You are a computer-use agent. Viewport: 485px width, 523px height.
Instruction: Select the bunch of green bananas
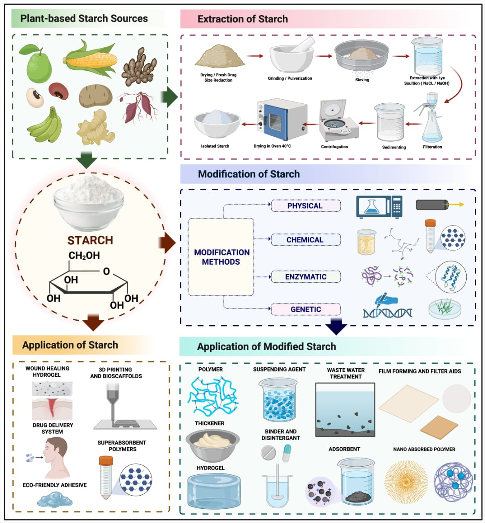pos(46,125)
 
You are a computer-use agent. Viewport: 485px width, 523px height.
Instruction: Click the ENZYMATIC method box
pos(306,277)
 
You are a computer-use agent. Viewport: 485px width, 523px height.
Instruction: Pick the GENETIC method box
pos(306,309)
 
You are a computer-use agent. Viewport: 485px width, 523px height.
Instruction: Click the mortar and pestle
pos(292,57)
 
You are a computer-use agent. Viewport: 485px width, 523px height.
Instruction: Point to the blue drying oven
pos(282,120)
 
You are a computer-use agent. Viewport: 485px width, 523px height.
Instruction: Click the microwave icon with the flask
pos(379,207)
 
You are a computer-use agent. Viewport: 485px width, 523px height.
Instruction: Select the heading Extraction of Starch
pos(242,19)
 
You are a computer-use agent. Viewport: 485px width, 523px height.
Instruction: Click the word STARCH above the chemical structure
pos(90,240)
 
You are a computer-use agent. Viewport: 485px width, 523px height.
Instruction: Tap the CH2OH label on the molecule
pos(84,256)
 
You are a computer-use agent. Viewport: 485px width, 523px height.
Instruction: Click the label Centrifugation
pos(334,147)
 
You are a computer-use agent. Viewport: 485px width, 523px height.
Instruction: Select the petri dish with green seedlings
pos(446,308)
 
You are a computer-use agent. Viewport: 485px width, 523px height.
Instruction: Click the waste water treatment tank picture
pos(345,409)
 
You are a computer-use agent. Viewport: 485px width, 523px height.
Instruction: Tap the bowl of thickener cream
pos(212,443)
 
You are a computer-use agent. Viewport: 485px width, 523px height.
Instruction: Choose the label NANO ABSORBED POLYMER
pos(424,449)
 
